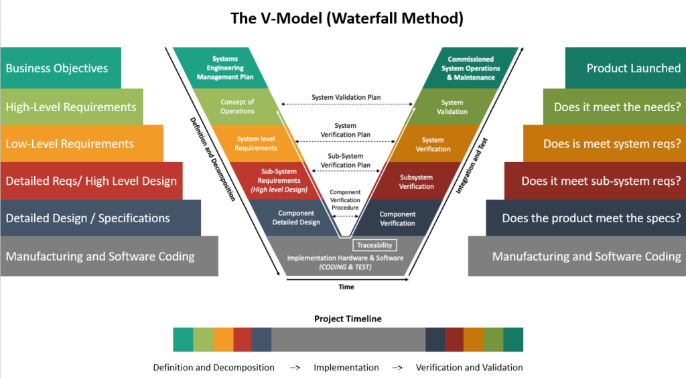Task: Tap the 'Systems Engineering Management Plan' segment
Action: pos(225,68)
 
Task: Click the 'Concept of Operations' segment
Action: pos(238,106)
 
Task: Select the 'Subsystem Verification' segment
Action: pos(416,181)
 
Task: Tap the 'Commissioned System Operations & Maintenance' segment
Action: pos(473,68)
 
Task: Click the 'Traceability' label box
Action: pos(374,245)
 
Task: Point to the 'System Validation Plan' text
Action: pos(346,97)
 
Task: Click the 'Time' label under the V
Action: pos(346,287)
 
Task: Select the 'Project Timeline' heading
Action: pos(348,319)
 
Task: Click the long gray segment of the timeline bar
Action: pos(348,339)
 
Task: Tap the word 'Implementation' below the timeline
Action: pos(346,368)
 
